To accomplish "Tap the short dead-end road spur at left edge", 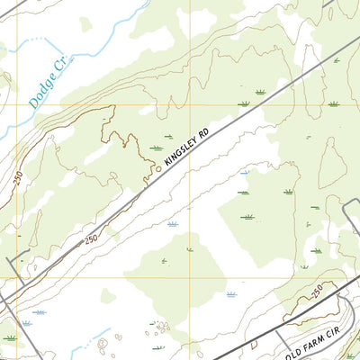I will [x=13, y=264].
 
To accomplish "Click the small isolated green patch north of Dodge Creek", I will [x=85, y=23].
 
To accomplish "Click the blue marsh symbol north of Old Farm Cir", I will [x=231, y=294].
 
